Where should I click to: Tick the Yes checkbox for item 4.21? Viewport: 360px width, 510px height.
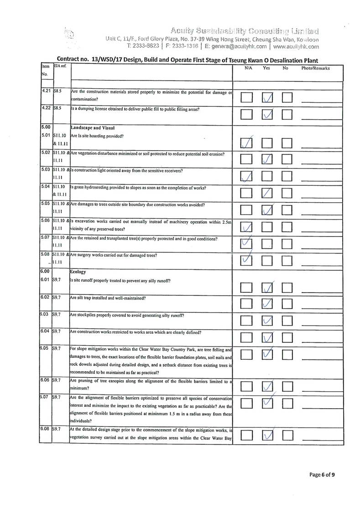pyautogui.click(x=267, y=98)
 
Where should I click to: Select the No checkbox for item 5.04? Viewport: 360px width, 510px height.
pyautogui.click(x=287, y=193)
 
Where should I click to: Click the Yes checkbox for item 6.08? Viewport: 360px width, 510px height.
pyautogui.click(x=267, y=436)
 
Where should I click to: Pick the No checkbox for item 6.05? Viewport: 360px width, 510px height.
pyautogui.click(x=287, y=354)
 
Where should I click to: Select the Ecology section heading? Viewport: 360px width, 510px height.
pyautogui.click(x=78, y=271)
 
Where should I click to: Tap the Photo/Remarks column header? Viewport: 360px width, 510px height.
pyautogui.click(x=315, y=68)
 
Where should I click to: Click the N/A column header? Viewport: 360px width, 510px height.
pyautogui.click(x=248, y=68)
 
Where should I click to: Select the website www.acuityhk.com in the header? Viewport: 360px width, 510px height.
pyautogui.click(x=296, y=47)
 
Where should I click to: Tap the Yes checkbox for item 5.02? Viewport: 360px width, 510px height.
pyautogui.click(x=267, y=159)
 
